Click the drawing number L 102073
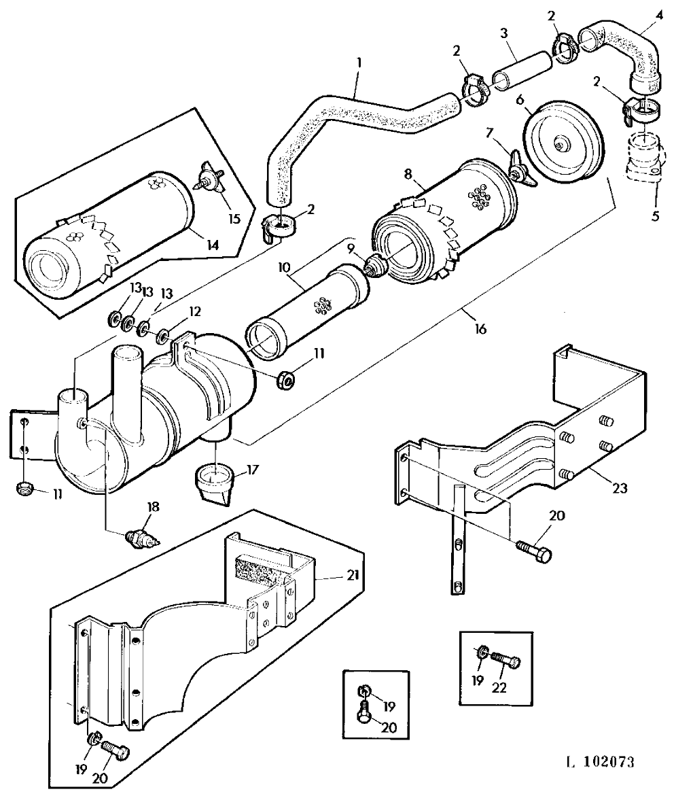click(x=601, y=762)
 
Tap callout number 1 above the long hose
click(x=359, y=63)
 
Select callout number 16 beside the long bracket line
click(x=480, y=329)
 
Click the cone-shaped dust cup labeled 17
click(x=214, y=486)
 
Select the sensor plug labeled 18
click(x=143, y=538)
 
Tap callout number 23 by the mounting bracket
click(x=620, y=489)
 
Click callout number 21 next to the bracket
click(x=353, y=575)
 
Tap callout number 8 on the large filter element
click(x=408, y=174)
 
